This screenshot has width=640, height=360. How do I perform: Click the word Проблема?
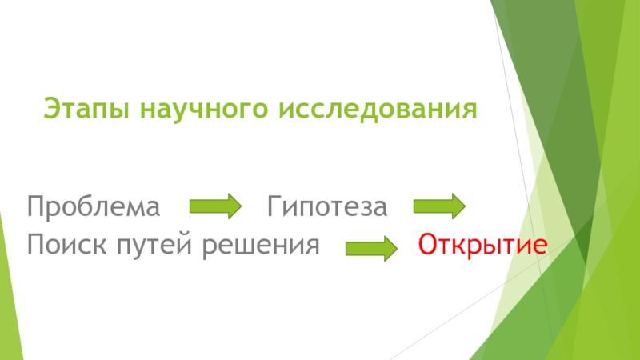point(94,208)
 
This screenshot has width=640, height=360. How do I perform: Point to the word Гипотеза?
point(327,208)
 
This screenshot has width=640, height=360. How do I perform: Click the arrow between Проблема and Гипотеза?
point(214,207)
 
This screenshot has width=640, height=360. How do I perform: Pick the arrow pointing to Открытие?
point(371,248)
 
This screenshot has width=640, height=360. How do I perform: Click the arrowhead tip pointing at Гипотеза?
point(239,207)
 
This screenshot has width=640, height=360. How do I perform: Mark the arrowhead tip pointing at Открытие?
point(397,248)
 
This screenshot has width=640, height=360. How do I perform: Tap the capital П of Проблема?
point(36,208)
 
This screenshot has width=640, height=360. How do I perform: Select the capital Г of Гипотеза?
point(274,208)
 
